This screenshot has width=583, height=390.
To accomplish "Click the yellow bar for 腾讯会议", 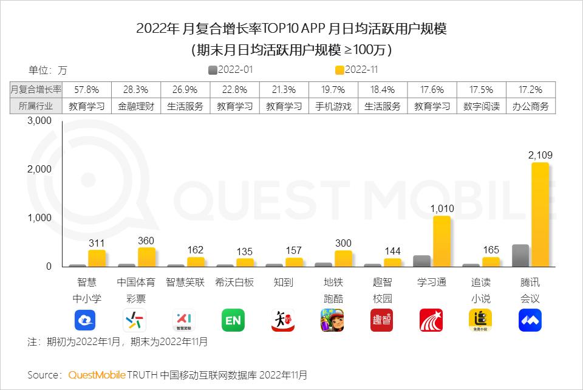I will [540, 214].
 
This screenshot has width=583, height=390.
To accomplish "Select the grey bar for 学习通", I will [421, 261].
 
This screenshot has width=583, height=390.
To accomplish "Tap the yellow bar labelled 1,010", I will [442, 241].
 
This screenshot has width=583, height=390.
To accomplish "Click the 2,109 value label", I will [540, 156].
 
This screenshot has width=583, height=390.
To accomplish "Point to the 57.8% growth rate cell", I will [86, 89].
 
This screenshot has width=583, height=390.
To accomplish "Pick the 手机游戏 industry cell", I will [333, 106].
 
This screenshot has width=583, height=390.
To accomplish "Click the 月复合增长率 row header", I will [36, 89].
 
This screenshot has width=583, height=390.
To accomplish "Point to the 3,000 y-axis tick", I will [39, 121].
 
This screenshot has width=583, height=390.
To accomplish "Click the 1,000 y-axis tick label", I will [39, 218].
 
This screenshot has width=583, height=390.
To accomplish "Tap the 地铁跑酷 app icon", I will [332, 320].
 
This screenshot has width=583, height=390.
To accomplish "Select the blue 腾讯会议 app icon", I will [530, 320].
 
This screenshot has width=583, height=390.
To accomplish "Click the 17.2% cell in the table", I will [531, 89].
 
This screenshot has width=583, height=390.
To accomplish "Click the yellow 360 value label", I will [146, 241].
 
